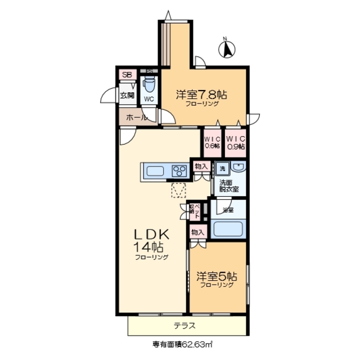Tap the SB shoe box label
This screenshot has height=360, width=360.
click(127, 75)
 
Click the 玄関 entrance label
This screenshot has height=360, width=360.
click(127, 96)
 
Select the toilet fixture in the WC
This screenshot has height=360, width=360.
click(148, 85)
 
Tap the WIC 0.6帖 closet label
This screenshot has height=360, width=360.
click(213, 142)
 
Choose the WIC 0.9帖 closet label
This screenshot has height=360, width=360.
click(236, 142)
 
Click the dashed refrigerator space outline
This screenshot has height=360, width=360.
click(179, 190)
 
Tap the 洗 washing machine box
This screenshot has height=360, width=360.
click(222, 168)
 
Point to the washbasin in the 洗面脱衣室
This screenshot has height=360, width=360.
click(238, 168)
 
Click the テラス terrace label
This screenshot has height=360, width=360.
click(184, 326)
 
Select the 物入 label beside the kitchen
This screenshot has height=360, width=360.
click(201, 166)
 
